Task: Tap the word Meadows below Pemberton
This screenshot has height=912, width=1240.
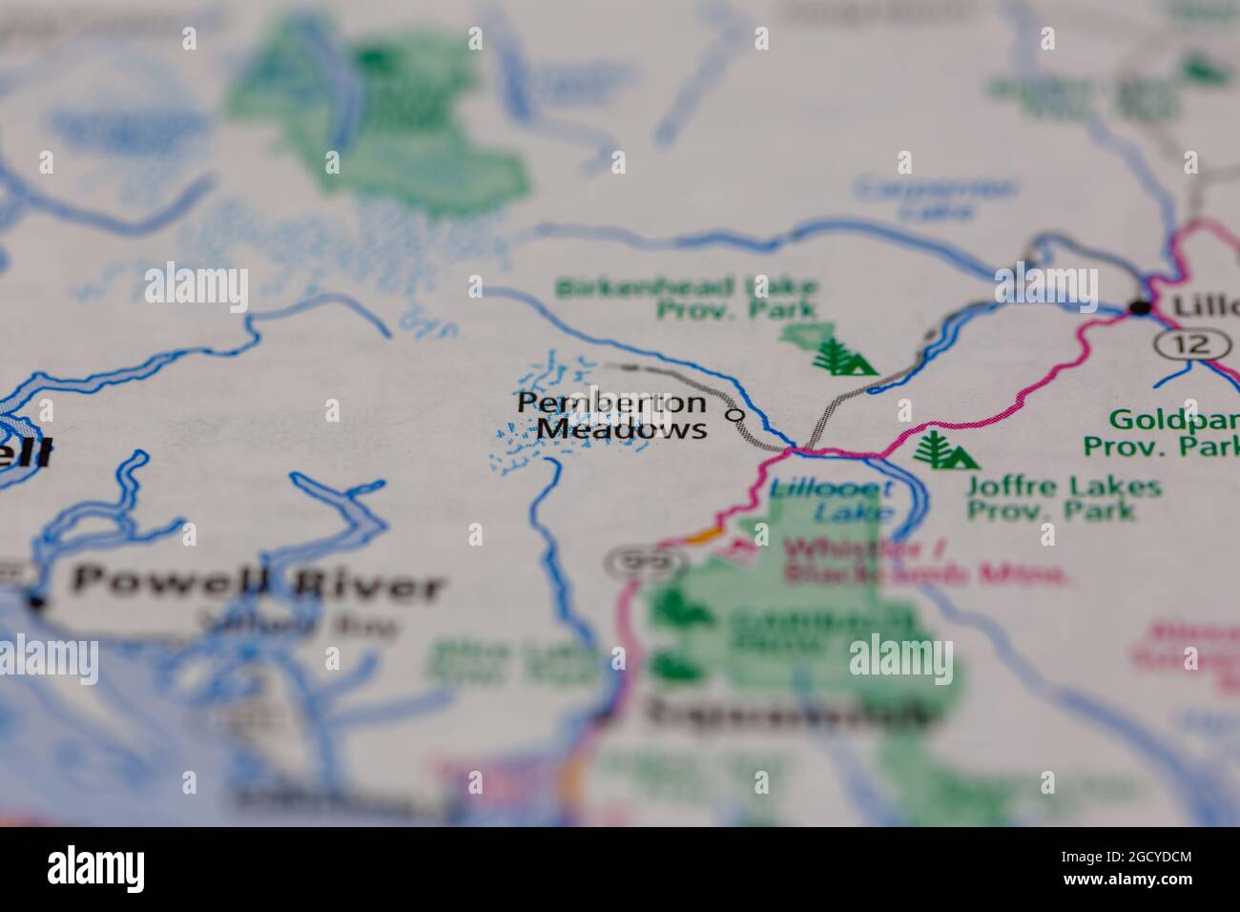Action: click(x=622, y=430)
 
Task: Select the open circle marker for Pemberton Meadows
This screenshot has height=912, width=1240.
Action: click(x=734, y=415)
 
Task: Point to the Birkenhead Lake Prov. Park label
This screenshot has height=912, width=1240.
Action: click(x=688, y=297)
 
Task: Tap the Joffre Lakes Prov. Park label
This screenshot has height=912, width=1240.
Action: click(x=1064, y=498)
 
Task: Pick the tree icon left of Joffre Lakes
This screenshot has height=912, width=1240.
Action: click(x=943, y=450)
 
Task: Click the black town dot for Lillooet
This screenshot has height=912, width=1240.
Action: click(x=1139, y=307)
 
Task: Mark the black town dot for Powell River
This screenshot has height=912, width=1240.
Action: click(x=36, y=602)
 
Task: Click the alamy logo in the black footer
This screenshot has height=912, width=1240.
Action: click(x=96, y=868)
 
